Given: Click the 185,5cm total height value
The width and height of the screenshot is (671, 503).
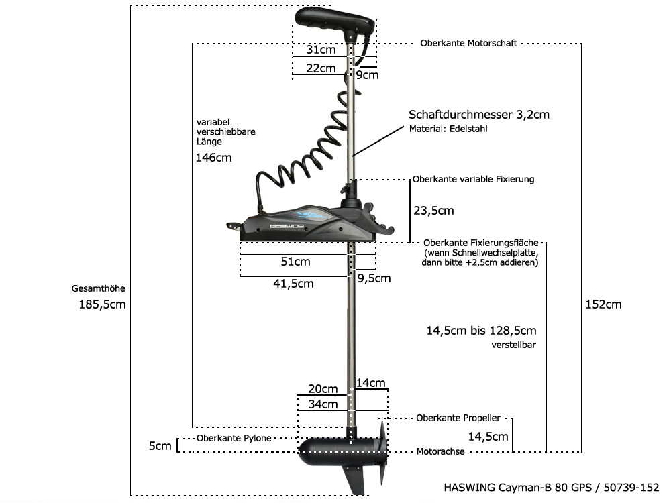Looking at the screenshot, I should [103, 304].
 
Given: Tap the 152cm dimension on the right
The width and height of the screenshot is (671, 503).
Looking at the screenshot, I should [604, 304].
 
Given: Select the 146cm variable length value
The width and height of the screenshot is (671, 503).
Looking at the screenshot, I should [214, 158].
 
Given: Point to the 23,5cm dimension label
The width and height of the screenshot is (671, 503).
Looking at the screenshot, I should [433, 211].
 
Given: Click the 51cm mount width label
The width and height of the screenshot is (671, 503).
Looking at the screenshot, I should [295, 262].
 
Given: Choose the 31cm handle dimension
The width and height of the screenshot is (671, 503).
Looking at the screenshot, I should [321, 50].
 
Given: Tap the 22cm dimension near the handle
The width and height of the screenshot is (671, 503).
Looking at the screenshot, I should [321, 68].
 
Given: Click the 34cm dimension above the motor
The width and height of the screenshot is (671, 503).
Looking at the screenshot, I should [323, 404].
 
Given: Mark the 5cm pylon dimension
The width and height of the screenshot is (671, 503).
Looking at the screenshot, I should [160, 446].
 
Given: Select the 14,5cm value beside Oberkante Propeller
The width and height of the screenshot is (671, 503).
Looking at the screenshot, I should [488, 437].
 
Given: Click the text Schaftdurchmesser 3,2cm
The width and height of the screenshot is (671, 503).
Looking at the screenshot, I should [479, 115].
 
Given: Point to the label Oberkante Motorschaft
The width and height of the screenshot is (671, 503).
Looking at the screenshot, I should [468, 44].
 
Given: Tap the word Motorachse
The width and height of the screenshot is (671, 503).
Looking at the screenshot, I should [440, 452].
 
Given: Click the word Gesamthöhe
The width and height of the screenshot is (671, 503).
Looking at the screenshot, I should [98, 289].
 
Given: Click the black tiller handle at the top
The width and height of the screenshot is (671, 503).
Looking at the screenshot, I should [331, 19].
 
